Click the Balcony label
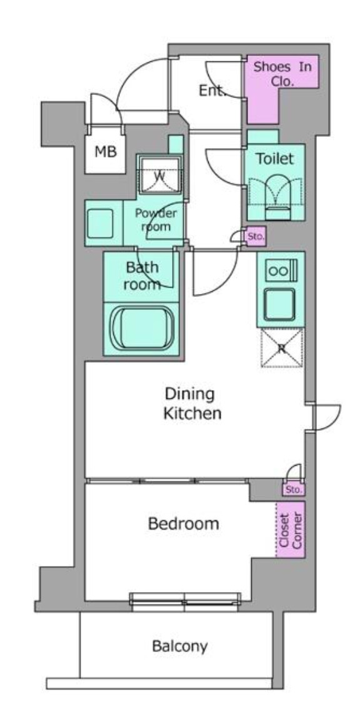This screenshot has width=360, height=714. pos(180,646)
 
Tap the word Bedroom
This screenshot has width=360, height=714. pos(183,524)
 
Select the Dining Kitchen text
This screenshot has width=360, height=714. pos(192,403)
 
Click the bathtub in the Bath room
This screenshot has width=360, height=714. pos(142,328)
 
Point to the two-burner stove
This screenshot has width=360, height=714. pos(281,271)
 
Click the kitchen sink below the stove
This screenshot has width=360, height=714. pos(281,304)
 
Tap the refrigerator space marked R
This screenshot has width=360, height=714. pos(282,348)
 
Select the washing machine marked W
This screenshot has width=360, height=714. pos(159,175)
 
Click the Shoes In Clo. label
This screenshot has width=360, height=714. pos(282,74)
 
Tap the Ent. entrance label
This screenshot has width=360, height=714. pos(212,91)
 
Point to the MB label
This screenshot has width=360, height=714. pos(106,152)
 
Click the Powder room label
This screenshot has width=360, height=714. pos(156,219)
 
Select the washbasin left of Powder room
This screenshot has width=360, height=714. pos(100,223)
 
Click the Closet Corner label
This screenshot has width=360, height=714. pos(291,530)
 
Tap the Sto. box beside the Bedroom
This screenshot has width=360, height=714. pos(293,490)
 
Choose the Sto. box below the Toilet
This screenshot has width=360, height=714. pos(255,237)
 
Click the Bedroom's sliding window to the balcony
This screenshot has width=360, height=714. pos(185,600)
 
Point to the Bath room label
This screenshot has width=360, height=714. pos(142,276)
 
